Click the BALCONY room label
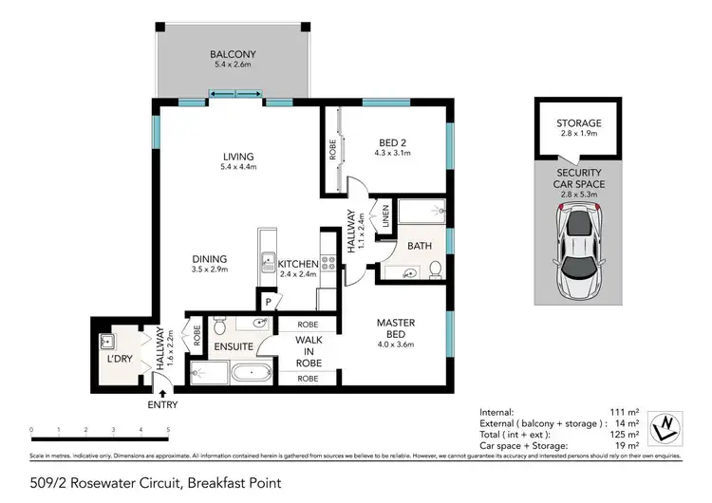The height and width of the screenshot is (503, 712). (x=233, y=55)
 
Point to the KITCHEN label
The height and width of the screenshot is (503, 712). (x=297, y=262)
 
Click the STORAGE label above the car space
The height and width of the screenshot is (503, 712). (x=578, y=122)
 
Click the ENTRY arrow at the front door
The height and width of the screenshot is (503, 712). (x=162, y=391)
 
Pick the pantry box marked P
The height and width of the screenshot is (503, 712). (x=269, y=300)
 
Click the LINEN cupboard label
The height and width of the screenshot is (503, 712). (x=386, y=215)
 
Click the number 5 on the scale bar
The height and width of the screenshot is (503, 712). (x=168, y=430)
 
